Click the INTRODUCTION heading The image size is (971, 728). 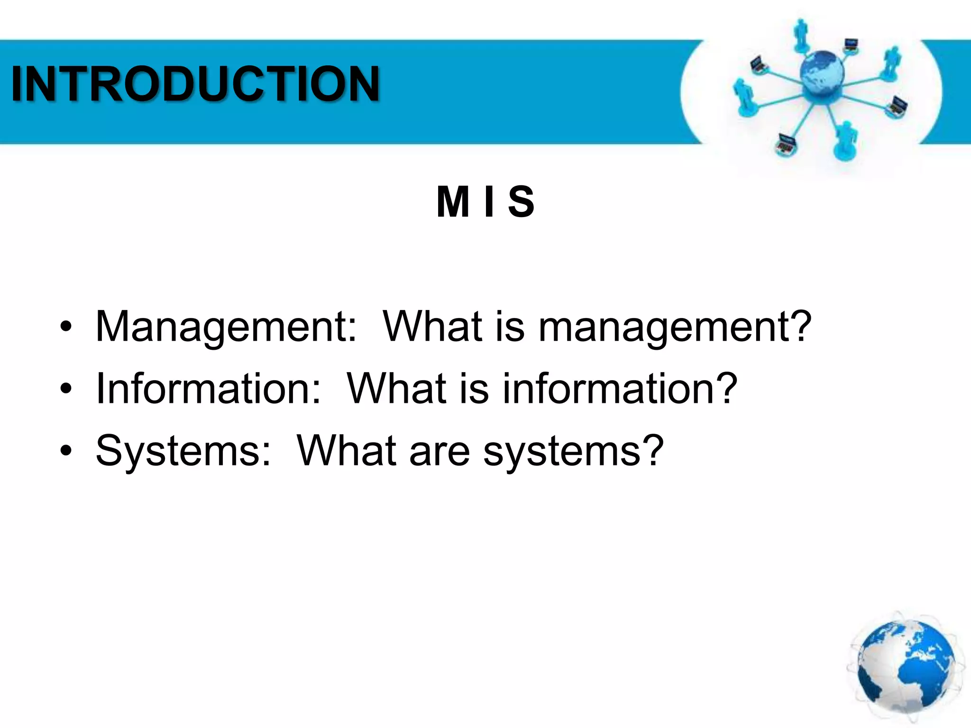tap(195, 84)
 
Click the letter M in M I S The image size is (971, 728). tap(453, 202)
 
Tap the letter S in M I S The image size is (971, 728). tap(521, 202)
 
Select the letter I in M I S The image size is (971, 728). tap(489, 202)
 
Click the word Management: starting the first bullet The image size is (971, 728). tap(226, 327)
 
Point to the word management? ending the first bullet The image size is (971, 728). tap(675, 327)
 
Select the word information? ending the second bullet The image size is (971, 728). tap(620, 389)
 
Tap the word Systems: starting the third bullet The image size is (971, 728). tap(183, 451)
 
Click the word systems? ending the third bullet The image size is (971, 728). tap(573, 451)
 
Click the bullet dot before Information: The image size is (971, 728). tap(66, 390)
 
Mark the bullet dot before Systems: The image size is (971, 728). tap(66, 452)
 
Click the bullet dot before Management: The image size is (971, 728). tap(66, 328)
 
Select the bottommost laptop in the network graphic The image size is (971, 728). tap(786, 145)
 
